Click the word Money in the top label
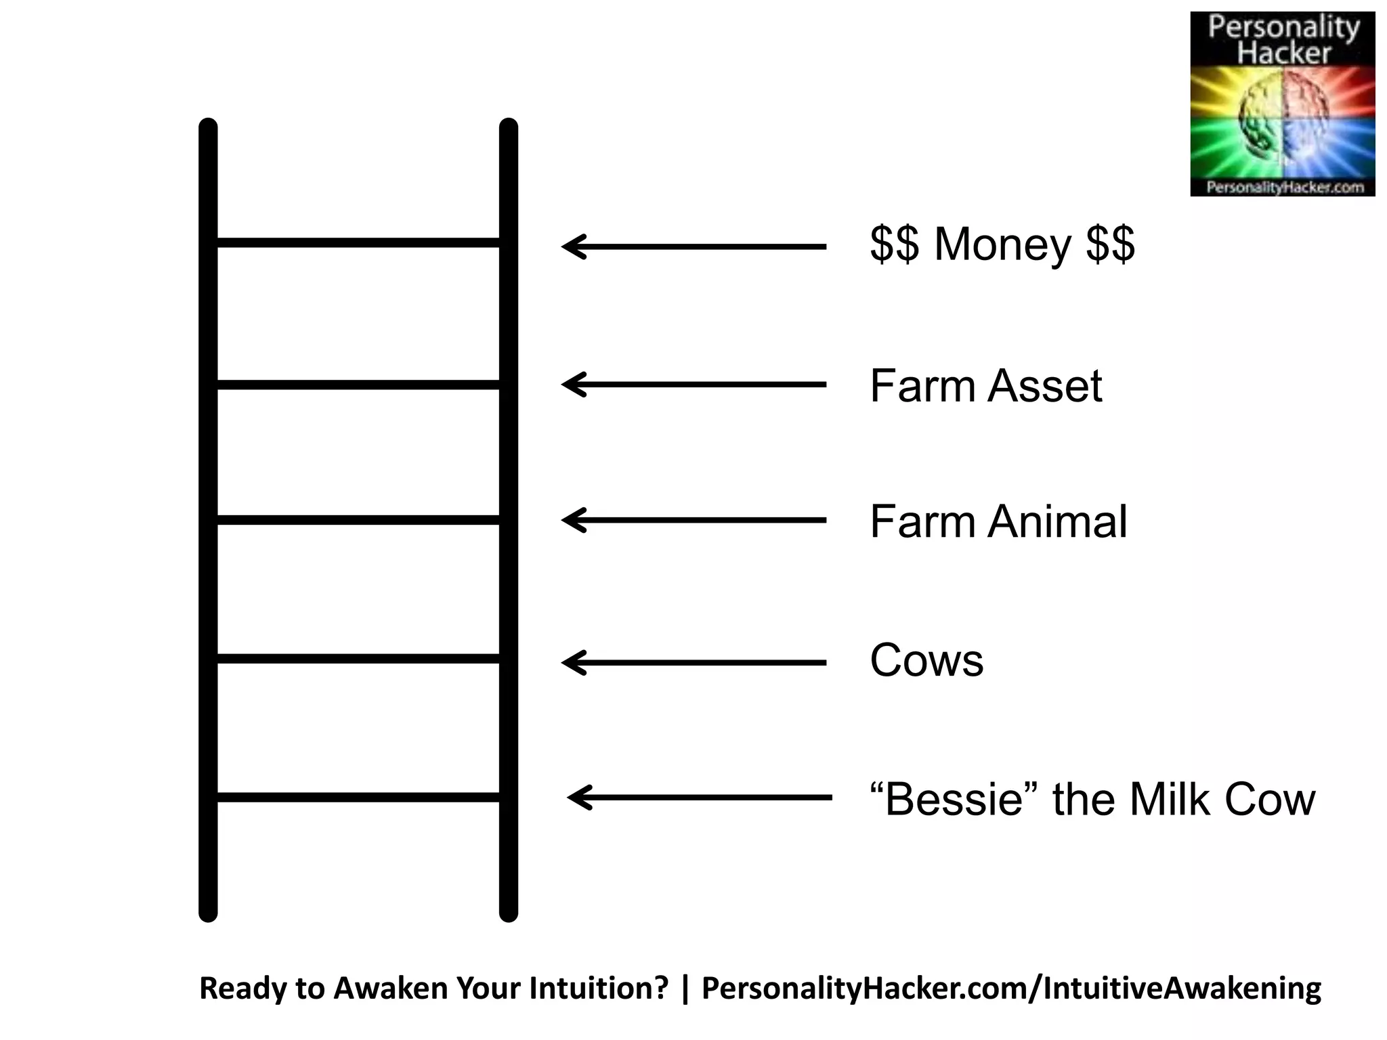coord(1002,244)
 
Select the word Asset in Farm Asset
coord(1045,386)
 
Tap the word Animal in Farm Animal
coord(1058,522)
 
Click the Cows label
coord(926,660)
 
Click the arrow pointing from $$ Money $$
coord(694,246)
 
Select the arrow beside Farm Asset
coord(694,385)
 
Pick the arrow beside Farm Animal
coord(694,520)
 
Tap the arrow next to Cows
coord(694,662)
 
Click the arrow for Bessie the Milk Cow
coord(700,798)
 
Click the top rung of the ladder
coord(358,242)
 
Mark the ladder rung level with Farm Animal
coord(358,520)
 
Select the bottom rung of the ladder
coord(358,798)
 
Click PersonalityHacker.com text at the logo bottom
coord(1283,187)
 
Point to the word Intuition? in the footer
coord(599,989)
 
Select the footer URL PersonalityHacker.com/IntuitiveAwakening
coord(1010,989)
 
